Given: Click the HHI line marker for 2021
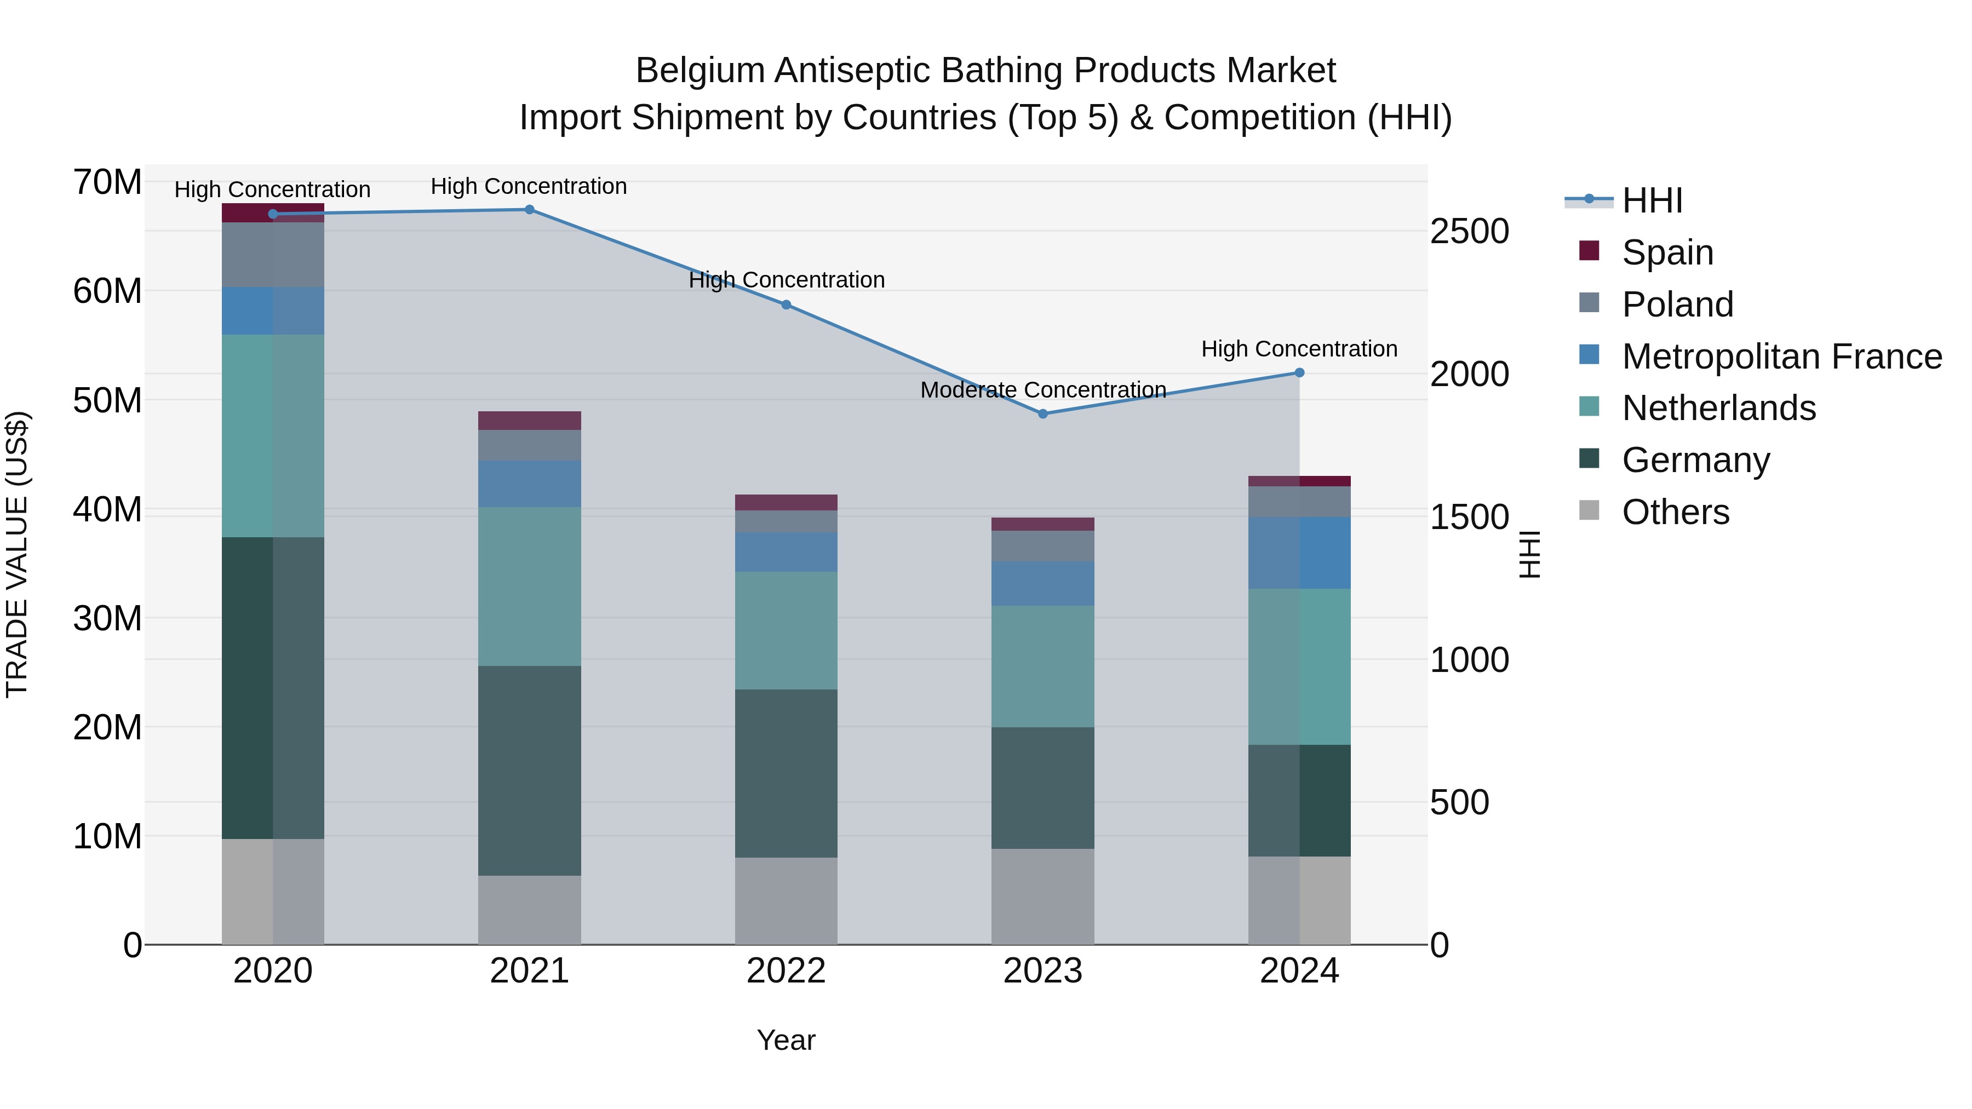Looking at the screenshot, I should click(x=529, y=210).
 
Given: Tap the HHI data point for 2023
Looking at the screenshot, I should click(x=1042, y=414).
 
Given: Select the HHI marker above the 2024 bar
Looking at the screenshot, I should click(x=1299, y=373).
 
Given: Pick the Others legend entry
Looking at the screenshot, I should click(x=1675, y=512).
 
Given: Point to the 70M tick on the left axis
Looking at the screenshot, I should click(x=107, y=182).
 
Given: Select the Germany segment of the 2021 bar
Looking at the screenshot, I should click(x=529, y=770).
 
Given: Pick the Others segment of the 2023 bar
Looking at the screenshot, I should click(x=1042, y=895).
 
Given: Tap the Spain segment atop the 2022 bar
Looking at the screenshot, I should click(x=786, y=502).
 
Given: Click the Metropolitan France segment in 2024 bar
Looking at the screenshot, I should click(x=1299, y=553).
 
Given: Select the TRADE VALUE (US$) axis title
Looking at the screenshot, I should click(x=17, y=554).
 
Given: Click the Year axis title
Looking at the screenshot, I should click(x=786, y=1040).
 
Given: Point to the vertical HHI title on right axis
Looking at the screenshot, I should click(x=1529, y=554).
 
